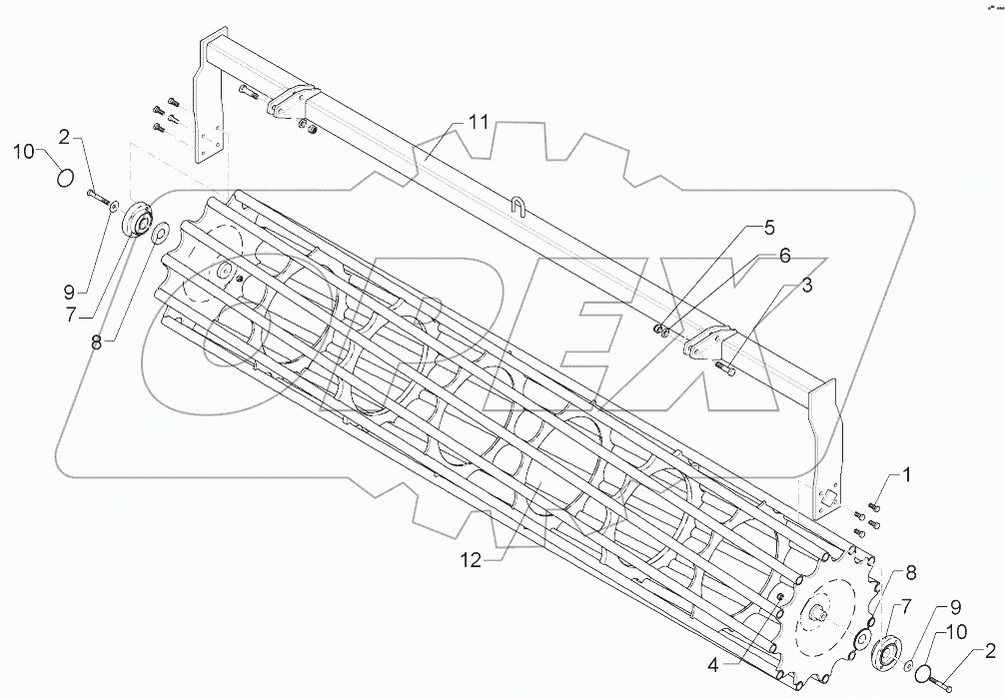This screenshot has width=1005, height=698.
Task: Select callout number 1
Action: [907, 475]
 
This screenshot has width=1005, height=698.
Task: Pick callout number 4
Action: [768, 227]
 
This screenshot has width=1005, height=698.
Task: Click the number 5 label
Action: [784, 256]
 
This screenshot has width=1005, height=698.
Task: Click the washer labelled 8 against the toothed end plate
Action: [860, 639]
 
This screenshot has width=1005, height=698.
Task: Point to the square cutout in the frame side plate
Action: [828, 496]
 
